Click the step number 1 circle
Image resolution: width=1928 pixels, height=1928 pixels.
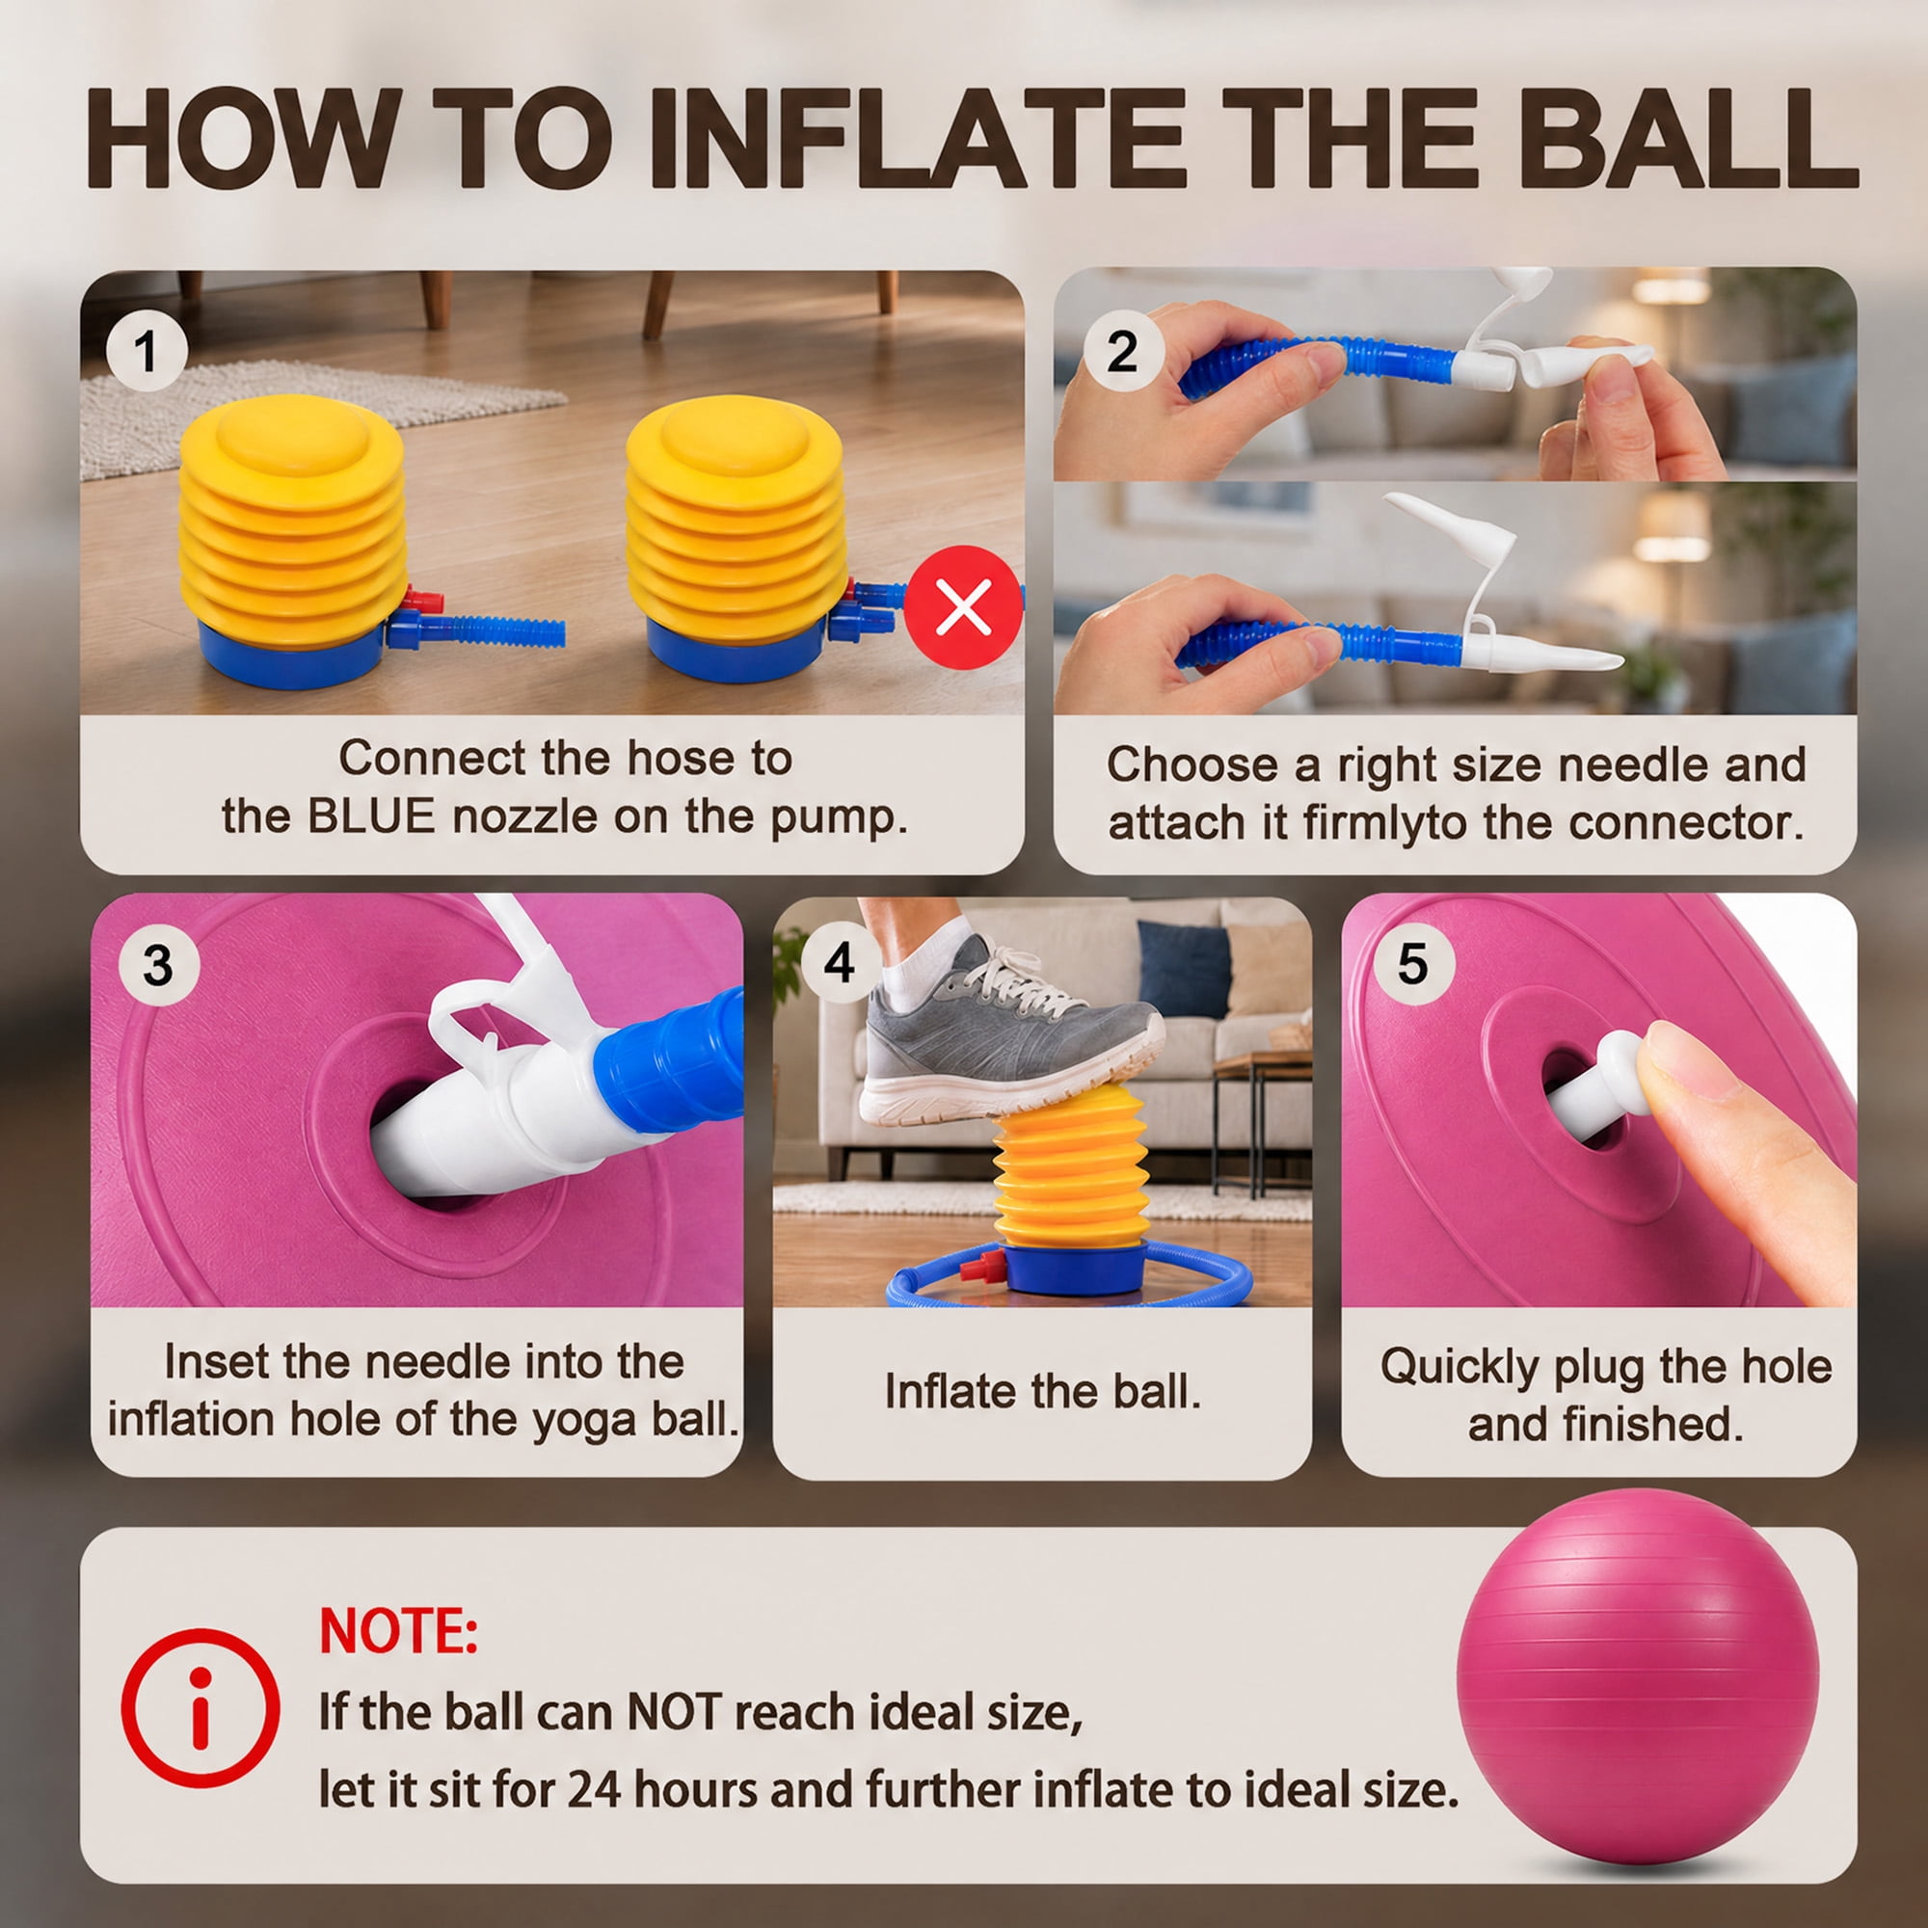[x=147, y=351]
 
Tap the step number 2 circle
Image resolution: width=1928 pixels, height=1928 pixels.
[x=1122, y=351]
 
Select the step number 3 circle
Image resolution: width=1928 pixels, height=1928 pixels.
[x=159, y=966]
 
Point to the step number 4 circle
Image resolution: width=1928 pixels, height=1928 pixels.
[x=840, y=963]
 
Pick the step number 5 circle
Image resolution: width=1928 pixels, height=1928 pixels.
[x=1413, y=963]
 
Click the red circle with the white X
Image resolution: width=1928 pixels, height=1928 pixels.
[x=964, y=605]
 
